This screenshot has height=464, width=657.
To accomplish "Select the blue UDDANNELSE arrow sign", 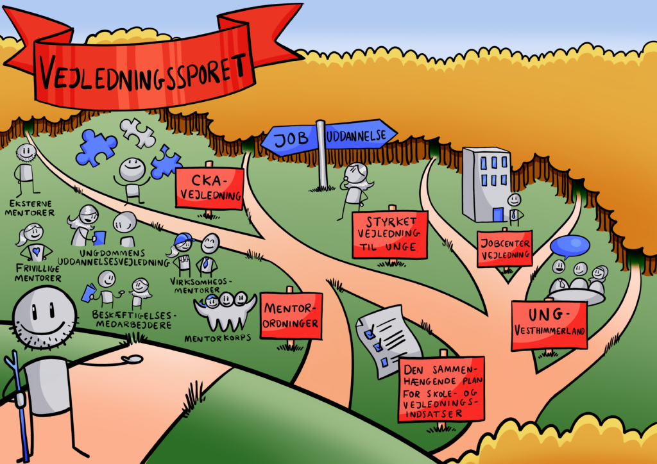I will (359, 137).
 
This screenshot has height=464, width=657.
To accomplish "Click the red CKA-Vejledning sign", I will (209, 188).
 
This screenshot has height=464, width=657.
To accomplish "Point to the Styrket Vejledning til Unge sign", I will (389, 235).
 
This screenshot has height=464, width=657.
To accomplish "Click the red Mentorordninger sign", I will (291, 316).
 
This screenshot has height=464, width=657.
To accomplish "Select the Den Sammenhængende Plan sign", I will (441, 389).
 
